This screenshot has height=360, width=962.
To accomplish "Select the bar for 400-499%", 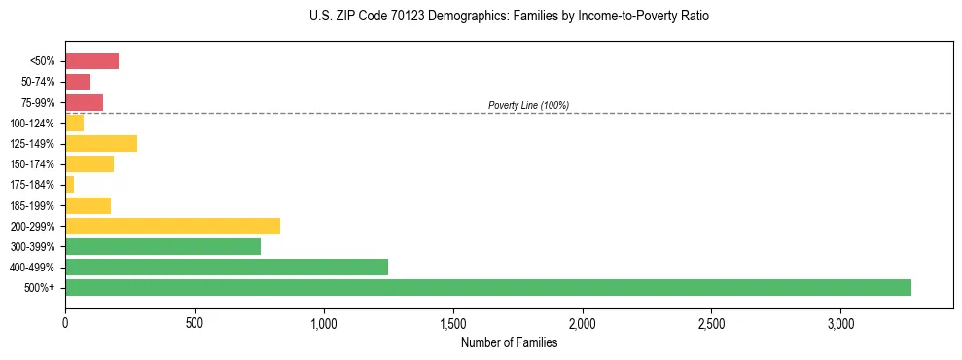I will (227, 267).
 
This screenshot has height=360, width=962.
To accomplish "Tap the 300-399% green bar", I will (162, 246).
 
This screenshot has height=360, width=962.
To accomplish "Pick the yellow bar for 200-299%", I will (172, 226).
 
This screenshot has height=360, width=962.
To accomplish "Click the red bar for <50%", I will (91, 61).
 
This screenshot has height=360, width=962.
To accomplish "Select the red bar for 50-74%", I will (78, 82).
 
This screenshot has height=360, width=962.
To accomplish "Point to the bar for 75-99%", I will (84, 102).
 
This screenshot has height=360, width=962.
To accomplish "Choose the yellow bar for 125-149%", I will (101, 143).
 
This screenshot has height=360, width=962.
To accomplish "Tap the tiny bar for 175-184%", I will (69, 185).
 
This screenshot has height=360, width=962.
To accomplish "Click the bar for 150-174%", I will (89, 164).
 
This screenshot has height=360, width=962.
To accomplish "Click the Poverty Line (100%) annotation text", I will (528, 105).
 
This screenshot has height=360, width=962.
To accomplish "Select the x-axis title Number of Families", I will (509, 342).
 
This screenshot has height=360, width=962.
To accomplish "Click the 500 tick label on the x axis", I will (195, 323).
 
